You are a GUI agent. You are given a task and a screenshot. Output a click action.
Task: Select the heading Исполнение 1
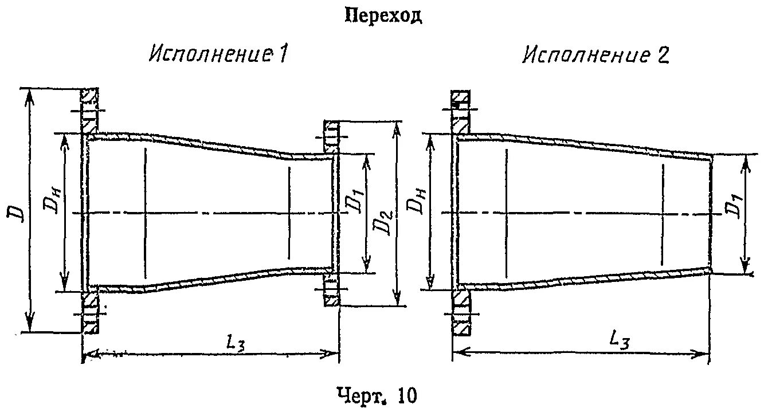(x=218, y=54)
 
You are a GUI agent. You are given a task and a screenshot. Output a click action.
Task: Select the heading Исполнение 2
(x=595, y=55)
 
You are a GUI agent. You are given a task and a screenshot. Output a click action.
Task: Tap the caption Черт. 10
(x=376, y=395)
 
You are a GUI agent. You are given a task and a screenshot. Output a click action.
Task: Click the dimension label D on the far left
(x=17, y=213)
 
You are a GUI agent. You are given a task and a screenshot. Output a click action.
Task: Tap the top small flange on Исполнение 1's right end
(x=332, y=136)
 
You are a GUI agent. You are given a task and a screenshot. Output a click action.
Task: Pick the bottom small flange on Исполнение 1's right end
(x=331, y=290)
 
